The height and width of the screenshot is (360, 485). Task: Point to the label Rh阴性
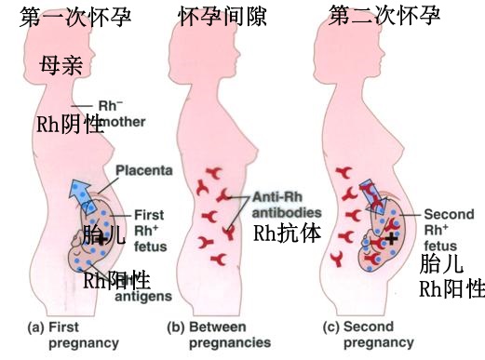[x=69, y=126]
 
